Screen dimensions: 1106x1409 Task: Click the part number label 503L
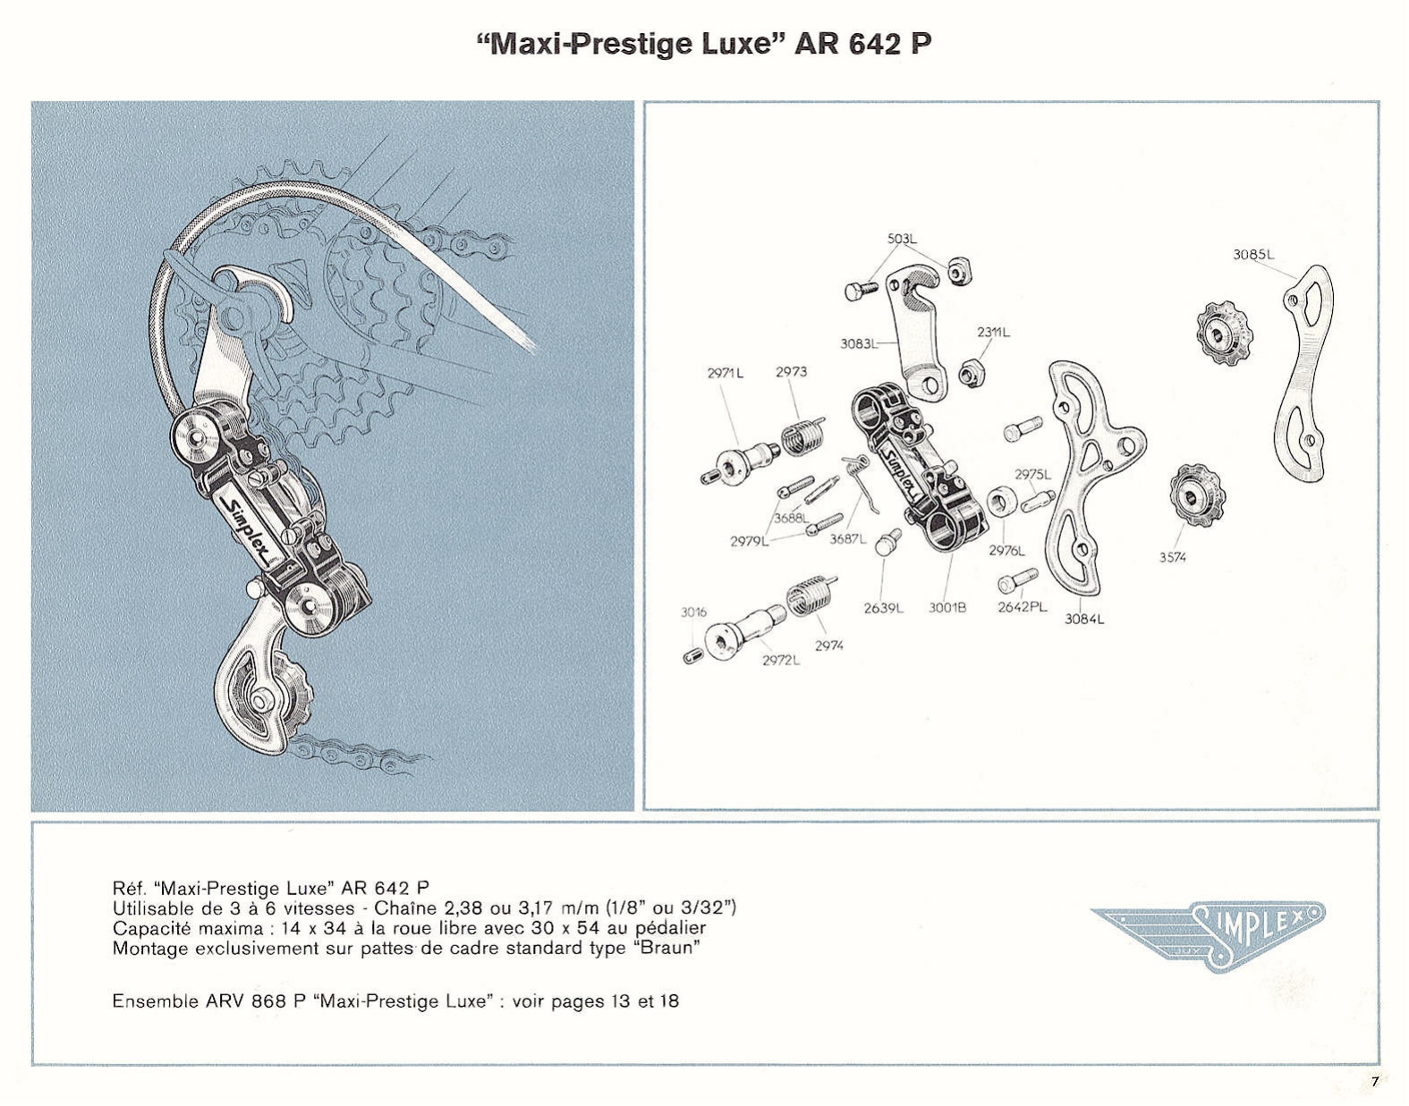902,239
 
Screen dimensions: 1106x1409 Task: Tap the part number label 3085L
1253,254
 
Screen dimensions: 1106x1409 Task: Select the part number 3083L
858,343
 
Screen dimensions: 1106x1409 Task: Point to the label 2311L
993,332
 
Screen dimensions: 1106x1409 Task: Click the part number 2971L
726,373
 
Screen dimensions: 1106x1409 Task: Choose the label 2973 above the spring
791,372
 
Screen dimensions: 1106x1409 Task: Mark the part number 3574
1172,557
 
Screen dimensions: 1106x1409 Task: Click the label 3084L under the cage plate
1084,619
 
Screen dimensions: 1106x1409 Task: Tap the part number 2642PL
1022,607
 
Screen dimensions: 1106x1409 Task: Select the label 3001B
947,608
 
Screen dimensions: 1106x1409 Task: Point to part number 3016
693,612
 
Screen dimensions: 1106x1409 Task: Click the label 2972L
781,661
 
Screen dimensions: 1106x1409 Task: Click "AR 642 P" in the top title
862,44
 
